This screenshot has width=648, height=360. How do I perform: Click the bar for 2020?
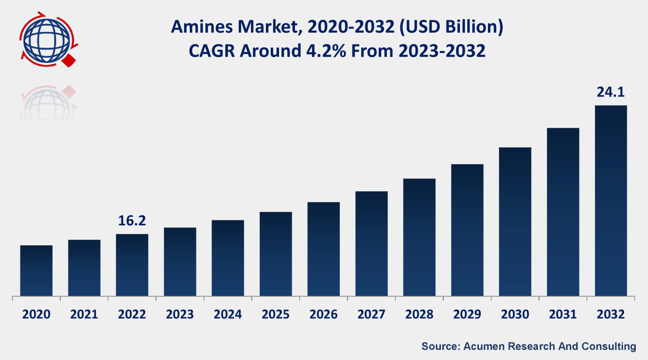[36, 271]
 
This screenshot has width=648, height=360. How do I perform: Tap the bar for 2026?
[324, 249]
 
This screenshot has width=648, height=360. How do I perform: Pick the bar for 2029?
[467, 230]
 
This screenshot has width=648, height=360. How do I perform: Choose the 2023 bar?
[180, 262]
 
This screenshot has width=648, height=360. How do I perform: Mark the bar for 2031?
[563, 212]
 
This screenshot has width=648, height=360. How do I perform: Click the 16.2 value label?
[132, 221]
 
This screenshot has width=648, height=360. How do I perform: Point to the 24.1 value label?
[610, 92]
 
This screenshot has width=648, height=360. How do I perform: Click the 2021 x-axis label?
[84, 314]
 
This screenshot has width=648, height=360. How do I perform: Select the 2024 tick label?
[227, 314]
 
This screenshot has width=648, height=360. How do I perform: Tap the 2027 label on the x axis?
[371, 314]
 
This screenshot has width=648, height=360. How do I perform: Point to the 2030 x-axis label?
[515, 314]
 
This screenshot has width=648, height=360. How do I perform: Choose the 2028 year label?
[419, 314]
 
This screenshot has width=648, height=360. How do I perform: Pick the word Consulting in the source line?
[609, 346]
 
